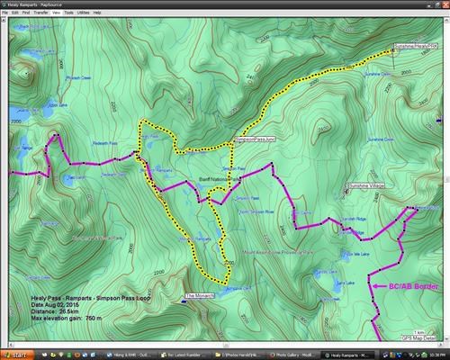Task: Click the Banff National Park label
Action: (x=222, y=180)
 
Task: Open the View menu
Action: (x=56, y=13)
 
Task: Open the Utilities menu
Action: (x=82, y=13)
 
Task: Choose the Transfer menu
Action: (x=40, y=13)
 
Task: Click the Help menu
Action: (x=97, y=13)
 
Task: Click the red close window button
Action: (x=444, y=4)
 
